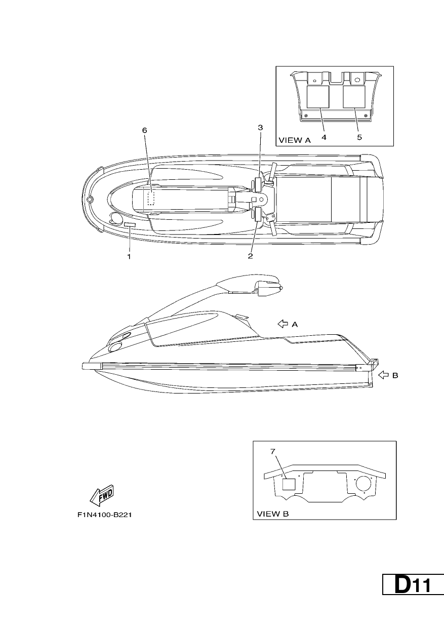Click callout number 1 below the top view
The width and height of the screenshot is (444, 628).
click(129, 256)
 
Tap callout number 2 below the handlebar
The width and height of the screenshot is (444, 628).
click(250, 256)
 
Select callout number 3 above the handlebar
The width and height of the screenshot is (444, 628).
click(260, 128)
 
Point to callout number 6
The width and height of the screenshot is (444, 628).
click(145, 130)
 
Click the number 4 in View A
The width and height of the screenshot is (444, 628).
click(324, 137)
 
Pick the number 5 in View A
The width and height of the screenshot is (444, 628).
click(359, 137)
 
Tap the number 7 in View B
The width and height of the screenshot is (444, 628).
click(273, 452)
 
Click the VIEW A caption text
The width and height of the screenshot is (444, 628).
click(295, 140)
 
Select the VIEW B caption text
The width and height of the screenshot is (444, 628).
click(273, 514)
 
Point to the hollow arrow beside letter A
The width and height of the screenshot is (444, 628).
click(283, 324)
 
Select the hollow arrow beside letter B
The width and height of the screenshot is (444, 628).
click(383, 375)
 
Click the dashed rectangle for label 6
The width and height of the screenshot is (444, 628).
click(151, 198)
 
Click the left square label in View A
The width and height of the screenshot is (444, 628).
click(317, 97)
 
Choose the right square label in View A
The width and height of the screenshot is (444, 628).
click(354, 97)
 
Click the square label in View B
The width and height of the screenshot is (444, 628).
click(289, 484)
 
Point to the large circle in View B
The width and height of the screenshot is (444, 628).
click(364, 476)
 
